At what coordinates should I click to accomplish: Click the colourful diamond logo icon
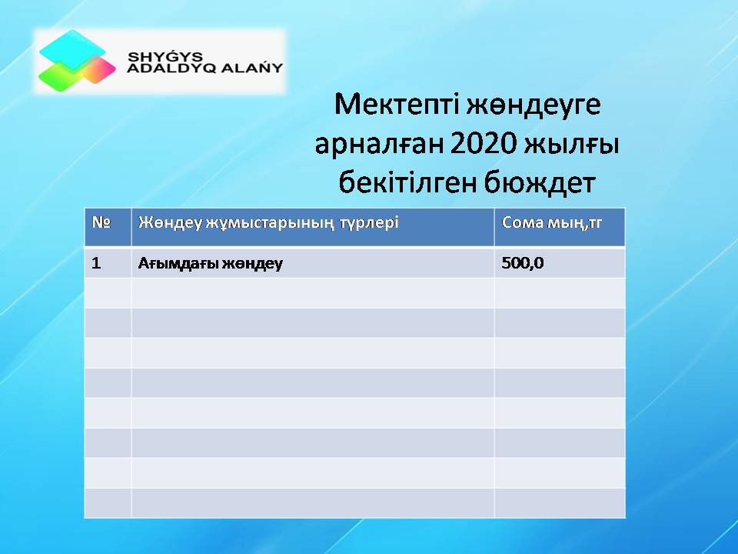pos(77,60)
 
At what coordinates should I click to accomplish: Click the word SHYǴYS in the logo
pos(165,56)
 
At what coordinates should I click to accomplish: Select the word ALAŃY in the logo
pos(252,68)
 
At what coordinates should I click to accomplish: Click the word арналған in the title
pos(379,144)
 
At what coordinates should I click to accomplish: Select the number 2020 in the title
pos(484,143)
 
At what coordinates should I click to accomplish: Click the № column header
pos(101,222)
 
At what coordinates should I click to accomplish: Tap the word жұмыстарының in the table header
pos(270,223)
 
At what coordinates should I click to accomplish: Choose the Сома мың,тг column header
pos(552,222)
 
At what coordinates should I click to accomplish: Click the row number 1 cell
pos(97,263)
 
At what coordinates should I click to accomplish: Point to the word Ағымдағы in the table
pos(178,263)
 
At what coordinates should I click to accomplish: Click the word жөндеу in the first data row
pos(252,263)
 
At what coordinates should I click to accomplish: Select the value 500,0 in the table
pos(523,263)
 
